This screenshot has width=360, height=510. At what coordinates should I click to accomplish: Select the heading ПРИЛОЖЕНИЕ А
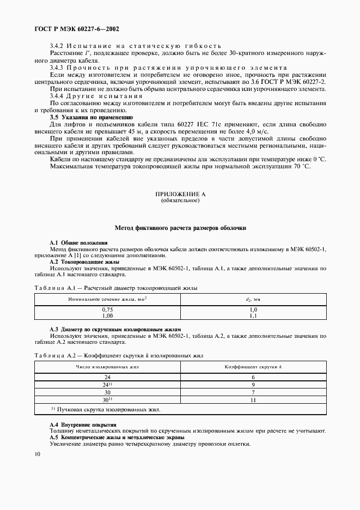pos(180,195)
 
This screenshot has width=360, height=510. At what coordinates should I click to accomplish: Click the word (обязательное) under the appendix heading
pos(180,201)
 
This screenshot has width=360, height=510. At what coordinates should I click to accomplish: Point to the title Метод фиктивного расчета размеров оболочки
pos(180,228)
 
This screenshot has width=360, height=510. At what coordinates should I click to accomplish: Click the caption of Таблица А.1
pos(115,288)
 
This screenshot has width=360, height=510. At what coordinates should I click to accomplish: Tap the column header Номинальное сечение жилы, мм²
pos(107,299)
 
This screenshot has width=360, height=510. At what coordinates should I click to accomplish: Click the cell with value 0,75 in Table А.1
pos(107,309)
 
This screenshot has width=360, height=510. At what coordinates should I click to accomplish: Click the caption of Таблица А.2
pos(119,356)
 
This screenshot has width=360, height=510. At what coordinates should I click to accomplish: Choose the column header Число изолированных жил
pos(107,367)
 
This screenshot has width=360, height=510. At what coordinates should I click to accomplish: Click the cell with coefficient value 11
pos(253,400)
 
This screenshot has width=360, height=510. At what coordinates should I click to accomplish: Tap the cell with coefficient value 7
pos(253,392)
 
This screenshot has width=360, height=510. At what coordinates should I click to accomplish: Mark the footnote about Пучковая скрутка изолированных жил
pos(106,409)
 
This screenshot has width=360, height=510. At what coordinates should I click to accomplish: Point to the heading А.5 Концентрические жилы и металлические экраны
pos(117,438)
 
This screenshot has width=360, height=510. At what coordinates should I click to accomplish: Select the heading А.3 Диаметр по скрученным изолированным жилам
pos(115,330)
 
